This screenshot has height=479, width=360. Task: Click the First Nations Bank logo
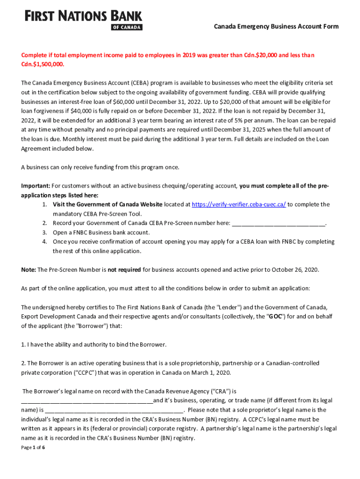coord(83,20)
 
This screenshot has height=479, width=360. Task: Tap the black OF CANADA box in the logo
coord(127,27)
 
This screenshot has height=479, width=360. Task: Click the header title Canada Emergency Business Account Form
coord(276,27)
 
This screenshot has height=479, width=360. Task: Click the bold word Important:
coord(36,186)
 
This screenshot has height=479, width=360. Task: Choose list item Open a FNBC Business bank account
coord(101,232)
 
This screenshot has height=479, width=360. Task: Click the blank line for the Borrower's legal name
coord(87,401)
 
